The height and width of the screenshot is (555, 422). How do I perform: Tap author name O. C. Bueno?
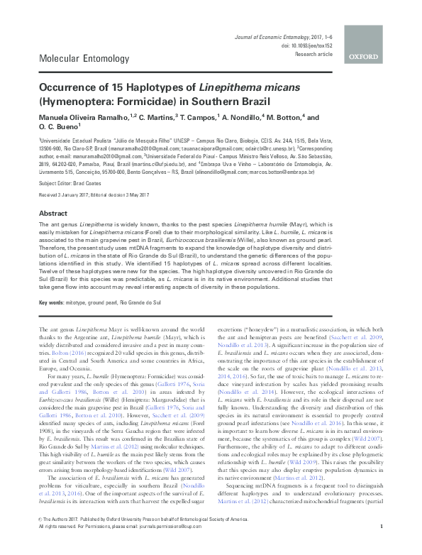59,128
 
